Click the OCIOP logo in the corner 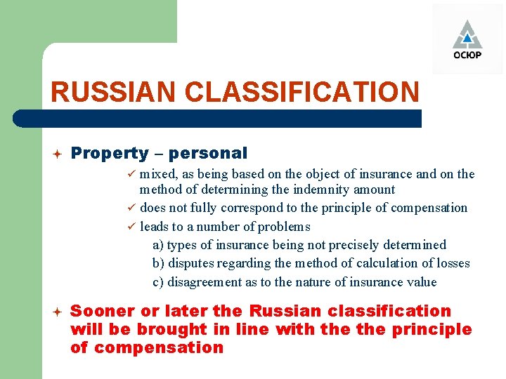(x=467, y=40)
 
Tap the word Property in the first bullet (x=110, y=153)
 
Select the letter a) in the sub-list (x=158, y=245)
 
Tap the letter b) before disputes (x=158, y=264)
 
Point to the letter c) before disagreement (x=158, y=282)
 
